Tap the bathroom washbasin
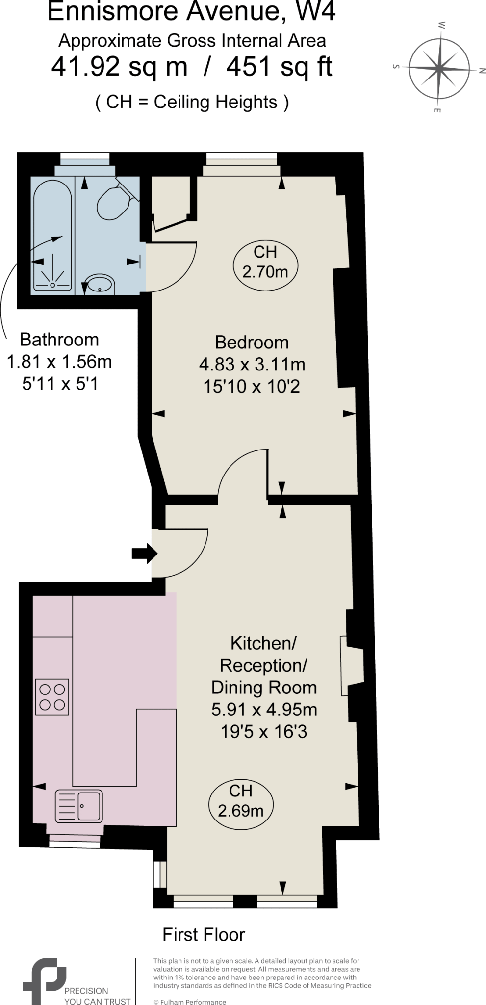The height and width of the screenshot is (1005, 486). (100, 285)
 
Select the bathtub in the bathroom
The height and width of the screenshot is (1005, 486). (52, 236)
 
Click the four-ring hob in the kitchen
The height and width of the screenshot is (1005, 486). (52, 697)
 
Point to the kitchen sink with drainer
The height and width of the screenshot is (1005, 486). (79, 806)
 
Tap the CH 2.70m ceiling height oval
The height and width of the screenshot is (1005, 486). (265, 262)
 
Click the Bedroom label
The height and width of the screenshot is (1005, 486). (252, 342)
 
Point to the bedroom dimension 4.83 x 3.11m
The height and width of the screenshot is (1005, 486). (252, 365)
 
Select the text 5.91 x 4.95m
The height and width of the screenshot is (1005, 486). (264, 710)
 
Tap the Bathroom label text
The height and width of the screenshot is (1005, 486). (59, 340)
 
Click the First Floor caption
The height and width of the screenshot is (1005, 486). (204, 935)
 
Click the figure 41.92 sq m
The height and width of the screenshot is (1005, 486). (120, 67)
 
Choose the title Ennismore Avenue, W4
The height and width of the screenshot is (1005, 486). (191, 12)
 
